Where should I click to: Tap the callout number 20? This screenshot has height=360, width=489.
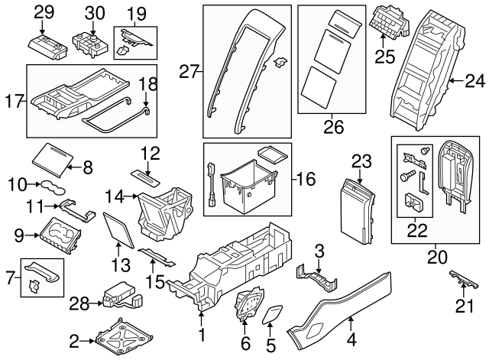(437, 258)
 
